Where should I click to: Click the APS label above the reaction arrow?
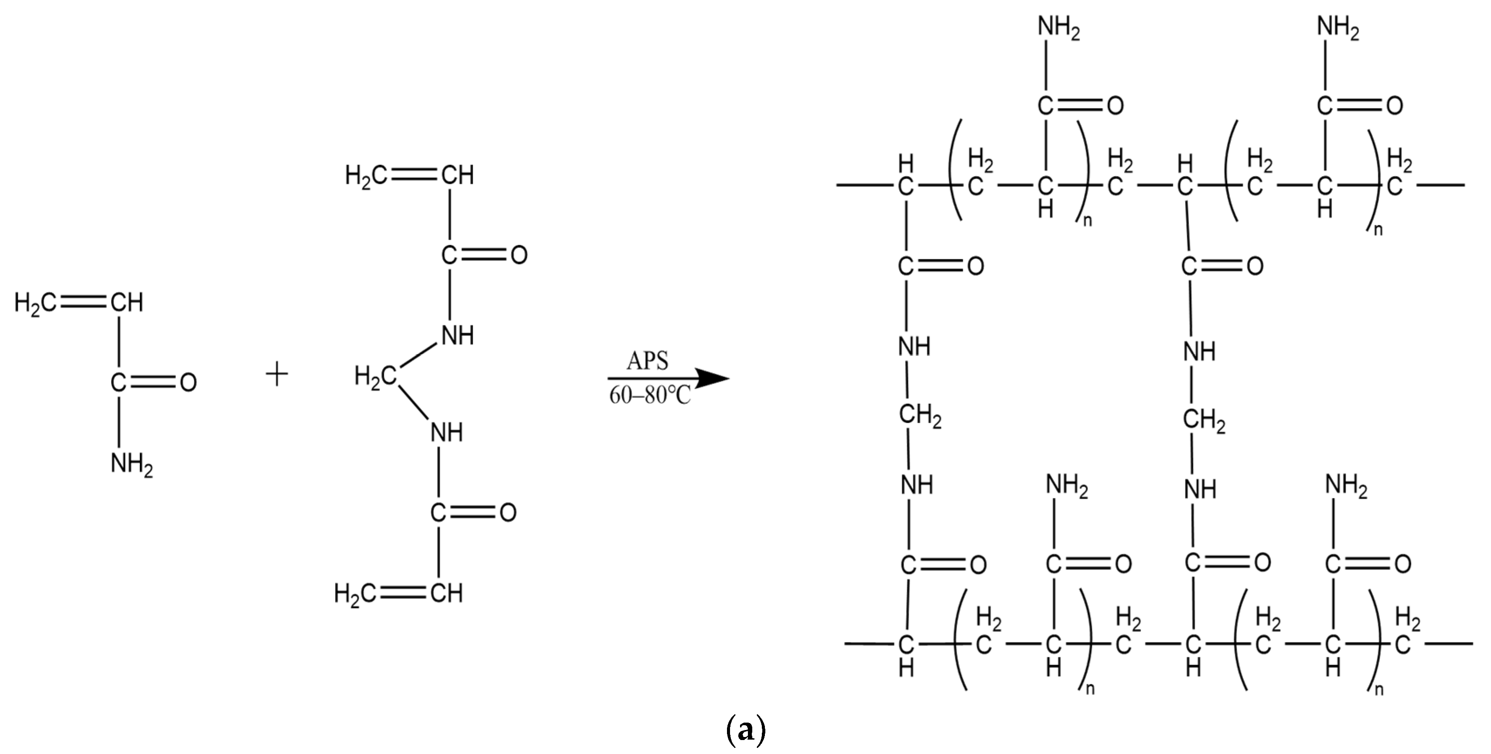[647, 361]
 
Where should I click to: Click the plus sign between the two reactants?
[277, 375]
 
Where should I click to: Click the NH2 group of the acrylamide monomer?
[131, 465]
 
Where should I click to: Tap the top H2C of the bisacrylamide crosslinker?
[365, 175]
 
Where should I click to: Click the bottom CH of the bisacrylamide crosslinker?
[447, 593]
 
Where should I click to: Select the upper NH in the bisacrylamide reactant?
[457, 335]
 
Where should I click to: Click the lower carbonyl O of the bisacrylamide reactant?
[508, 512]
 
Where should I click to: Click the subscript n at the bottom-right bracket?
[1378, 689]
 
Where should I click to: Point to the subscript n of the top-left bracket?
[1087, 221]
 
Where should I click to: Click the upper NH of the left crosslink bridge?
[914, 346]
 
